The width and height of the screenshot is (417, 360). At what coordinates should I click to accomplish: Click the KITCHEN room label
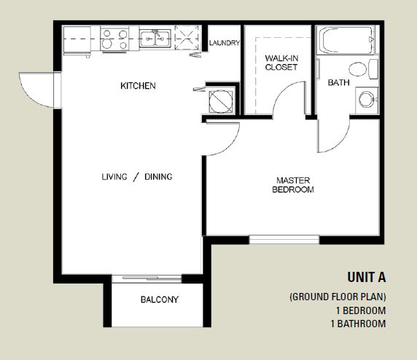(x=138, y=86)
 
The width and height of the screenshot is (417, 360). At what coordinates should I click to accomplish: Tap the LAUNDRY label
(x=225, y=43)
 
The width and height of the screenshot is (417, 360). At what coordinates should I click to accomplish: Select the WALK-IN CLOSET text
(x=281, y=63)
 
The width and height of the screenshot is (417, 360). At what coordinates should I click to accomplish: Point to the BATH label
(x=338, y=82)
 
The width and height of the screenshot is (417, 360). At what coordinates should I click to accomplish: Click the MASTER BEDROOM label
(x=293, y=185)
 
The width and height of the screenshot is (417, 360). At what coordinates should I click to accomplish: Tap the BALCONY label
(x=160, y=300)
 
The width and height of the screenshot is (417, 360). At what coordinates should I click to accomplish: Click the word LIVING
(x=114, y=177)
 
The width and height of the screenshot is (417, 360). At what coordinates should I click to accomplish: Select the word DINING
(x=158, y=177)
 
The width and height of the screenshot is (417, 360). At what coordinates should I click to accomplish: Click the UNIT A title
(x=367, y=277)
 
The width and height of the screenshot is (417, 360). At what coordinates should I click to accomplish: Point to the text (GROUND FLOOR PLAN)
(x=338, y=297)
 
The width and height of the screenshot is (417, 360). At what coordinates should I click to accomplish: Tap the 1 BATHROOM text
(x=358, y=324)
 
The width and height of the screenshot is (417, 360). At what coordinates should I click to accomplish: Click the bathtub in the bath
(x=347, y=40)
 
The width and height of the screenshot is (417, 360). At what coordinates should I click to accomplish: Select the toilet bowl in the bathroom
(x=358, y=69)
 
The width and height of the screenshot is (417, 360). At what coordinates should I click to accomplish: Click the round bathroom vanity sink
(x=367, y=99)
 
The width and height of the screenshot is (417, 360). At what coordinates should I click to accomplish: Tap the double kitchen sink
(x=155, y=39)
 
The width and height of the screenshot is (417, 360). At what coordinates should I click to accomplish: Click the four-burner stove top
(x=114, y=39)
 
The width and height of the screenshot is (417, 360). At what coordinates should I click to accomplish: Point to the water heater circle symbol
(x=221, y=101)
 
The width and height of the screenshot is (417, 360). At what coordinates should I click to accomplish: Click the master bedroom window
(x=284, y=240)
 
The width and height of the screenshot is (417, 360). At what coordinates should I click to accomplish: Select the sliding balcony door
(x=147, y=278)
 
